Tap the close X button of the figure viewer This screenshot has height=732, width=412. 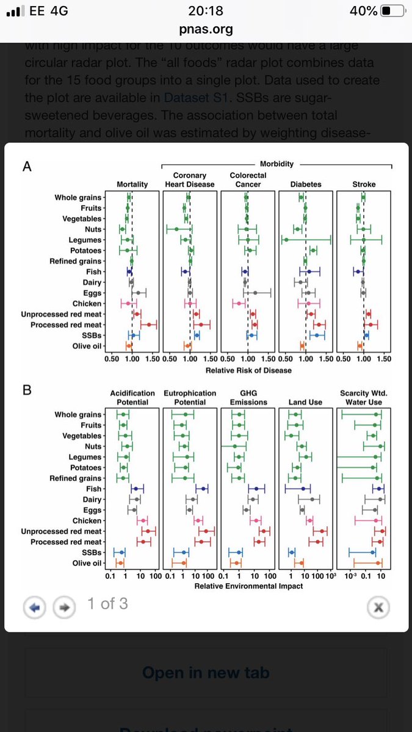point(378,606)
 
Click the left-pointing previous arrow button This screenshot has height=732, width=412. point(35,606)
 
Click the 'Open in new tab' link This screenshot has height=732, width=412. point(206,673)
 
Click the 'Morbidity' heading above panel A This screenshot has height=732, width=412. point(276,164)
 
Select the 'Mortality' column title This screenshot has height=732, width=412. point(132,184)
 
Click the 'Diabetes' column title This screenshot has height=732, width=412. point(306,184)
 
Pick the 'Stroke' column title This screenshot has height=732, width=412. point(364,184)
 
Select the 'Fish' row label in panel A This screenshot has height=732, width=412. point(93,271)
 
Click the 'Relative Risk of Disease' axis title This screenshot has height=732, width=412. point(248,370)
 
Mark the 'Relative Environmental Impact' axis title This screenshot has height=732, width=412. point(248,586)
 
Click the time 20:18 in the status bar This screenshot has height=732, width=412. point(206,11)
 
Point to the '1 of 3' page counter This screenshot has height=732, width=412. point(107,604)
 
